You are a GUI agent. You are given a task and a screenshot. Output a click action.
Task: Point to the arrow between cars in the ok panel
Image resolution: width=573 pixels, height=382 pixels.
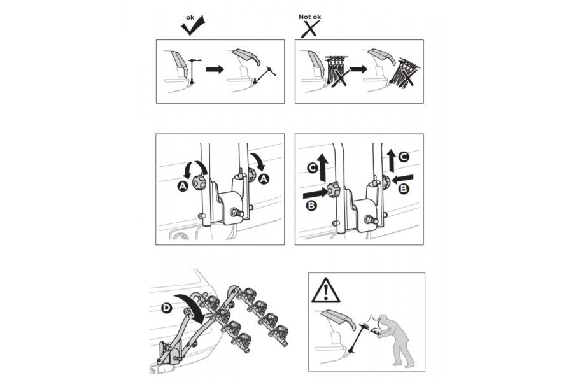tap(215, 69)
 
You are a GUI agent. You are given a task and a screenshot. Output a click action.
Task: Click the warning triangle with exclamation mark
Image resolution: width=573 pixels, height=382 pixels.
tap(325, 291)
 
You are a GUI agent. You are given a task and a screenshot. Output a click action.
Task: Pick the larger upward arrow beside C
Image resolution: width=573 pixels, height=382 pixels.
tap(323, 167)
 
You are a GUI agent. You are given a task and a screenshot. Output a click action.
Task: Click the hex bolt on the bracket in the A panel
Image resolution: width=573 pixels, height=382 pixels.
tap(237, 213)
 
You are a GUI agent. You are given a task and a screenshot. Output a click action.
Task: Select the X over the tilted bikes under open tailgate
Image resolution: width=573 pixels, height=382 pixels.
tap(404, 76)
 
